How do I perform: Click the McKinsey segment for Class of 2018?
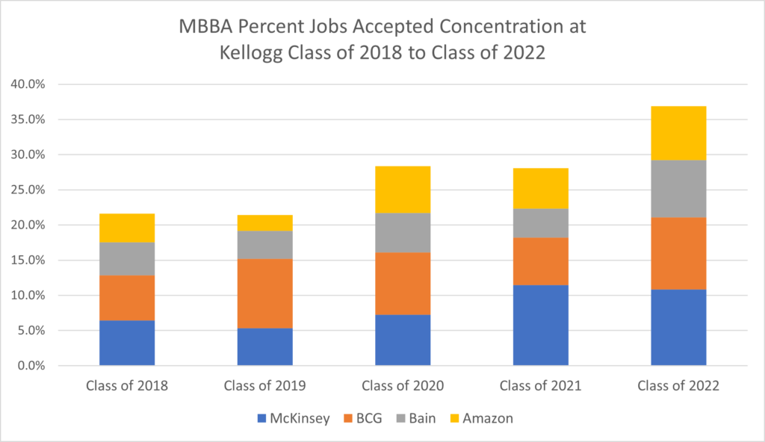pyautogui.click(x=127, y=343)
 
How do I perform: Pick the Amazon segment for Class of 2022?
pyautogui.click(x=678, y=133)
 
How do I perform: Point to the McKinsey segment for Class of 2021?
pyautogui.click(x=540, y=325)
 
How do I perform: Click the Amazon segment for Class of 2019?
pyautogui.click(x=264, y=222)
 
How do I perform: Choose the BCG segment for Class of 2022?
pyautogui.click(x=678, y=253)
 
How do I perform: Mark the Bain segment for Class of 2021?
pyautogui.click(x=540, y=222)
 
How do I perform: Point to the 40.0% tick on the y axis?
pyautogui.click(x=28, y=84)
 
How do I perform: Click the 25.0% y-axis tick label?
pyautogui.click(x=28, y=190)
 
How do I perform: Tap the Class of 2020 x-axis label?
pyautogui.click(x=403, y=386)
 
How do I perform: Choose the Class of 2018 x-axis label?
pyautogui.click(x=127, y=386)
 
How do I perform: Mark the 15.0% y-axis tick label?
pyautogui.click(x=28, y=261)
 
